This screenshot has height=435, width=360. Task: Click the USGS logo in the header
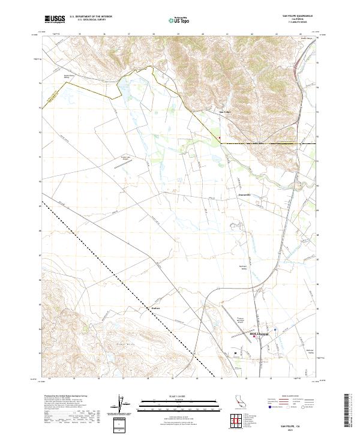click(55, 19)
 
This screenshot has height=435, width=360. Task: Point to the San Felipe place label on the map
click(224, 112)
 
